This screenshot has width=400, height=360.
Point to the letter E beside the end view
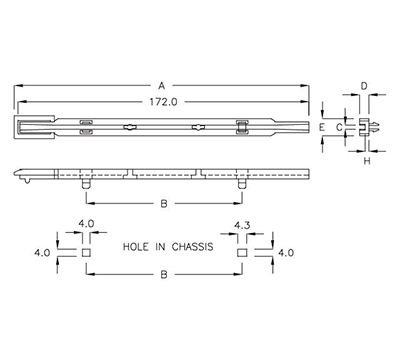click(322, 128)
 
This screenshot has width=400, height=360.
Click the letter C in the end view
click(339, 128)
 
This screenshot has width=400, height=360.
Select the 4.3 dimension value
click(241, 224)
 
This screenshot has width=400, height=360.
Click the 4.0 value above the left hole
click(85, 224)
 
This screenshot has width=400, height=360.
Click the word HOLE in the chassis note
click(137, 245)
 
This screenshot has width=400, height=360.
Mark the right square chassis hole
click(241, 253)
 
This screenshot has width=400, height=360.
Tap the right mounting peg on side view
click(241, 184)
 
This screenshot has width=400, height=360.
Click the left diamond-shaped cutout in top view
click(129, 127)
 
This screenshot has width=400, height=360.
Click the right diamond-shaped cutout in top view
click(198, 127)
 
